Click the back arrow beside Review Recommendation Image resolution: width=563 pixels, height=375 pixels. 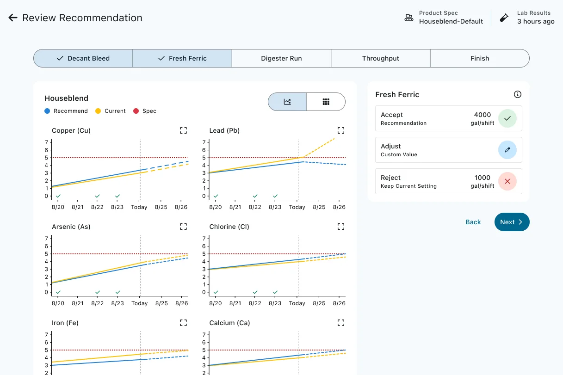13,18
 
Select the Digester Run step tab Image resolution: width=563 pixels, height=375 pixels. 281,58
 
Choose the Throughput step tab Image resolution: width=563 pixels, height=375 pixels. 381,58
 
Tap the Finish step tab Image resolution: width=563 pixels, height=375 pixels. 480,58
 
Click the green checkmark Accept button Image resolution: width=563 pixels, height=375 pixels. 507,118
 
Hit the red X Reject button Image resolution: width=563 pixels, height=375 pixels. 507,181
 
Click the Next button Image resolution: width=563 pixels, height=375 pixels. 512,222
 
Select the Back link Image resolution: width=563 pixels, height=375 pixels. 473,222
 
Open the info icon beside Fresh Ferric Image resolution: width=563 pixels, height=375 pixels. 517,94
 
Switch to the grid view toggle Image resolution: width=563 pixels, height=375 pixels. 326,102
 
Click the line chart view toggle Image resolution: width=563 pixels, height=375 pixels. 287,102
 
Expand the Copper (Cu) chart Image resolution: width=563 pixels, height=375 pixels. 183,130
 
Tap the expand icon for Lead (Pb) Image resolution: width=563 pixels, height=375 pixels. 341,130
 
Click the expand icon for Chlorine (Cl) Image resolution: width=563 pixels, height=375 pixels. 341,227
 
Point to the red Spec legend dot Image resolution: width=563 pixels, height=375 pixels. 136,111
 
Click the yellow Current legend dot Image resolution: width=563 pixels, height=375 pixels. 98,111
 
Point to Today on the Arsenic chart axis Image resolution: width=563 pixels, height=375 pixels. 140,303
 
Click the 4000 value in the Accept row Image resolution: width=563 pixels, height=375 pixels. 483,115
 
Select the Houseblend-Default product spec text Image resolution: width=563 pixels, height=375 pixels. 451,21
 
